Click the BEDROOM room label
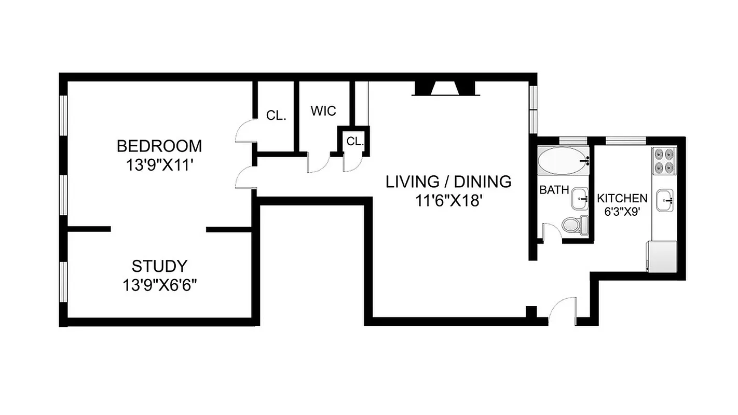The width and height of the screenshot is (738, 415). click(x=159, y=146)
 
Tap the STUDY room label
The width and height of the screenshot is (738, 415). click(x=159, y=266)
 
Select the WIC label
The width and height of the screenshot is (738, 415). click(x=323, y=111)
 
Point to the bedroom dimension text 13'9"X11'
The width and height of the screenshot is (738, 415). click(x=159, y=165)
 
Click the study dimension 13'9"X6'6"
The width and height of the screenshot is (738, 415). click(x=159, y=285)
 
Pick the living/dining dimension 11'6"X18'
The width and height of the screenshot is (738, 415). click(x=449, y=201)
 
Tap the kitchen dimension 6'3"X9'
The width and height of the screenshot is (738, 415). click(x=621, y=212)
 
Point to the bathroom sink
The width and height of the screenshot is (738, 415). click(x=580, y=199)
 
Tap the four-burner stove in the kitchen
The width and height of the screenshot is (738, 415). click(x=664, y=161)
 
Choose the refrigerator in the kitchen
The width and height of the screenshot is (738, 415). click(x=661, y=256)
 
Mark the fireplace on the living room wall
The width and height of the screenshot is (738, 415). click(x=445, y=89)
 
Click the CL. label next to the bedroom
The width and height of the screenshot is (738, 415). click(x=276, y=116)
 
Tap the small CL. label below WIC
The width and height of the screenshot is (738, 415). click(x=355, y=141)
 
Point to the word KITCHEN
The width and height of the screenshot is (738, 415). click(x=622, y=198)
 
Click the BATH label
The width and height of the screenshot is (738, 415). click(x=554, y=190)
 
